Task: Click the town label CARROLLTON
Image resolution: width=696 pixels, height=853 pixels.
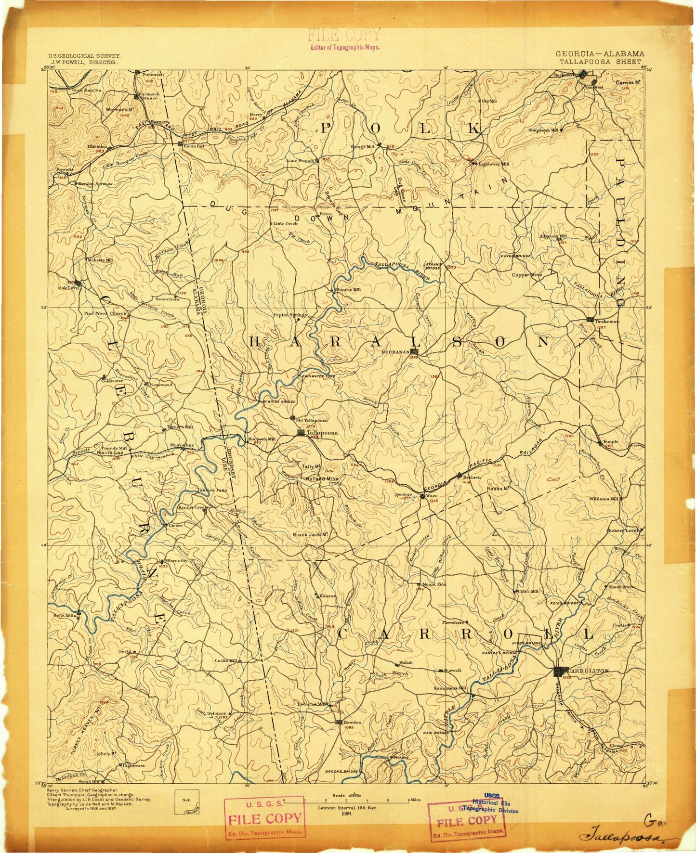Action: [x=589, y=671]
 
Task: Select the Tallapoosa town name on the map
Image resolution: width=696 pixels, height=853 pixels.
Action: [x=322, y=433]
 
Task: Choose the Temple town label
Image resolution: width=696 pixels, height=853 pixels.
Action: [x=610, y=441]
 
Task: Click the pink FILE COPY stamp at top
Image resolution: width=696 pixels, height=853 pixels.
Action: [x=344, y=35]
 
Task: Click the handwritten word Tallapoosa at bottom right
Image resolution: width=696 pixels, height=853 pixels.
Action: [x=626, y=838]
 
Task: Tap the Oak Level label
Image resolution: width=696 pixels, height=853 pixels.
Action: [x=69, y=288]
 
